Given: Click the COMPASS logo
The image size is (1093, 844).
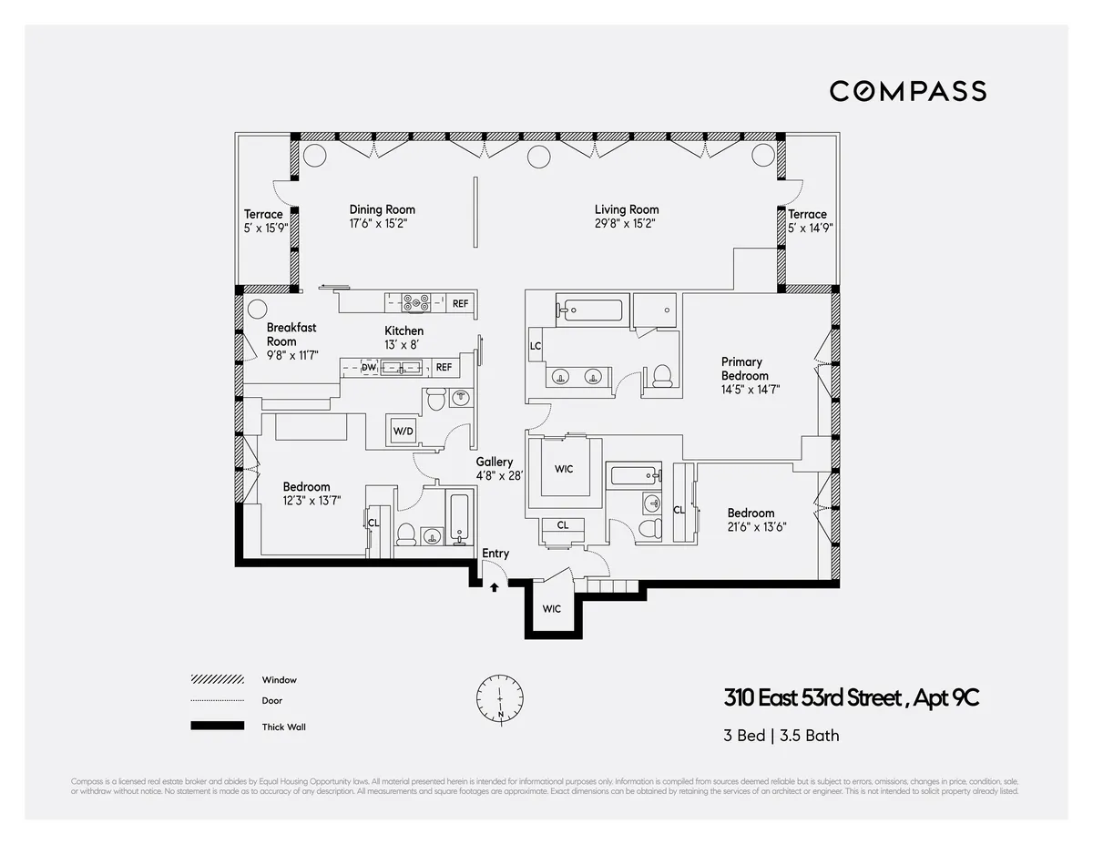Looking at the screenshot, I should tap(907, 91).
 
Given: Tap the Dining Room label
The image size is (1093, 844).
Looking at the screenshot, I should tap(382, 209).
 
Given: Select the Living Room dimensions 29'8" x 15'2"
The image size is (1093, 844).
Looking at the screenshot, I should tap(626, 222).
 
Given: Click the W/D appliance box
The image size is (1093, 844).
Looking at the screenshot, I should tap(402, 431).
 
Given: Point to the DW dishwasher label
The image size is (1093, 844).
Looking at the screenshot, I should tap(369, 368).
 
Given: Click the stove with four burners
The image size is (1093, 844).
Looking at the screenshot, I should tap(416, 303).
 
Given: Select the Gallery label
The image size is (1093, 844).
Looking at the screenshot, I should tap(494, 463).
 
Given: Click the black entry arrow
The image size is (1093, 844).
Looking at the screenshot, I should tap(494, 587).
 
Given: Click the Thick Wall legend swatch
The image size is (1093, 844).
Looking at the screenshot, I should tap(217, 727).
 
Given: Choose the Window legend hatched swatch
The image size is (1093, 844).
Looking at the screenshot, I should tap(217, 680).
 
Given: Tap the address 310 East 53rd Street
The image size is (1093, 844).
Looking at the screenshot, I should tap(851, 699).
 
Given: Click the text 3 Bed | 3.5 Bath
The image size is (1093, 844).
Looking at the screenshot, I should tap(781, 736).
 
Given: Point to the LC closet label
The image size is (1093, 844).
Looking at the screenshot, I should tap(536, 346).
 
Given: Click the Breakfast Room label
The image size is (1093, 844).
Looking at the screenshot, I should tap(291, 334).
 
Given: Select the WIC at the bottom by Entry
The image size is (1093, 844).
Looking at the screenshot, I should tap(552, 608).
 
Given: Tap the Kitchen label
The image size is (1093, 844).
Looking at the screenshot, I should tap(403, 330).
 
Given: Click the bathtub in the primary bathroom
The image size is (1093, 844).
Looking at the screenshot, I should tap(591, 310).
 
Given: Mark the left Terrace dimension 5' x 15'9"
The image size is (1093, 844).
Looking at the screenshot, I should tap(265, 228).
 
